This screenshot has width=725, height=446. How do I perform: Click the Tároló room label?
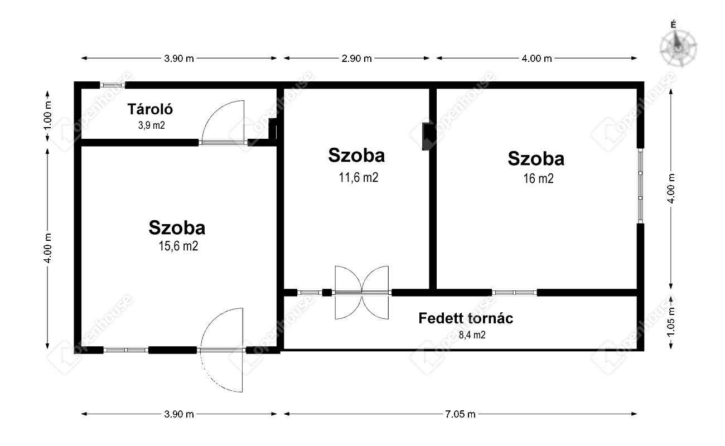pos(150,109)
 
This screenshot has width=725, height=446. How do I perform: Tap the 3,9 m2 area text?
pos(152,125)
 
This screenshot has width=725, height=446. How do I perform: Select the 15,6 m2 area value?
pos(178,246)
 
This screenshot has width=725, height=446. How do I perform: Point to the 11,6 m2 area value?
pos(358,177)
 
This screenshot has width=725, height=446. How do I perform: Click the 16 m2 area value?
pos(539,178)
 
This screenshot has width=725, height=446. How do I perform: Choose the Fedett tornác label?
pos(466,318)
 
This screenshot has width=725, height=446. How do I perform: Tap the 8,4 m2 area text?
pos(472,334)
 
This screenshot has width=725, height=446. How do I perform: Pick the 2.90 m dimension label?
pos(356,58)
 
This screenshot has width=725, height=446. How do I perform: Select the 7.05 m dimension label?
pos(460,414)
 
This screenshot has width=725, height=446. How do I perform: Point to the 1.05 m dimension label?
pos(671,322)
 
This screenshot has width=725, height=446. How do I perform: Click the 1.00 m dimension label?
pos(47,115)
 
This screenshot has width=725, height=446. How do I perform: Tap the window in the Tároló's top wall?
pos(112,85)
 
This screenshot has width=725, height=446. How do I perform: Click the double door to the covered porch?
pos(361,293)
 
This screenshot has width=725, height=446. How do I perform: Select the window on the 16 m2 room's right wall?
pos(640,186)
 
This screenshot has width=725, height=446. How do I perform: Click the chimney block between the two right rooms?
pos(427,136)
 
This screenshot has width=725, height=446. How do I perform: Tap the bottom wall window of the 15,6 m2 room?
pos(126,350)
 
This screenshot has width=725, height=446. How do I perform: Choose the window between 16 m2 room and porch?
pos(514,293)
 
